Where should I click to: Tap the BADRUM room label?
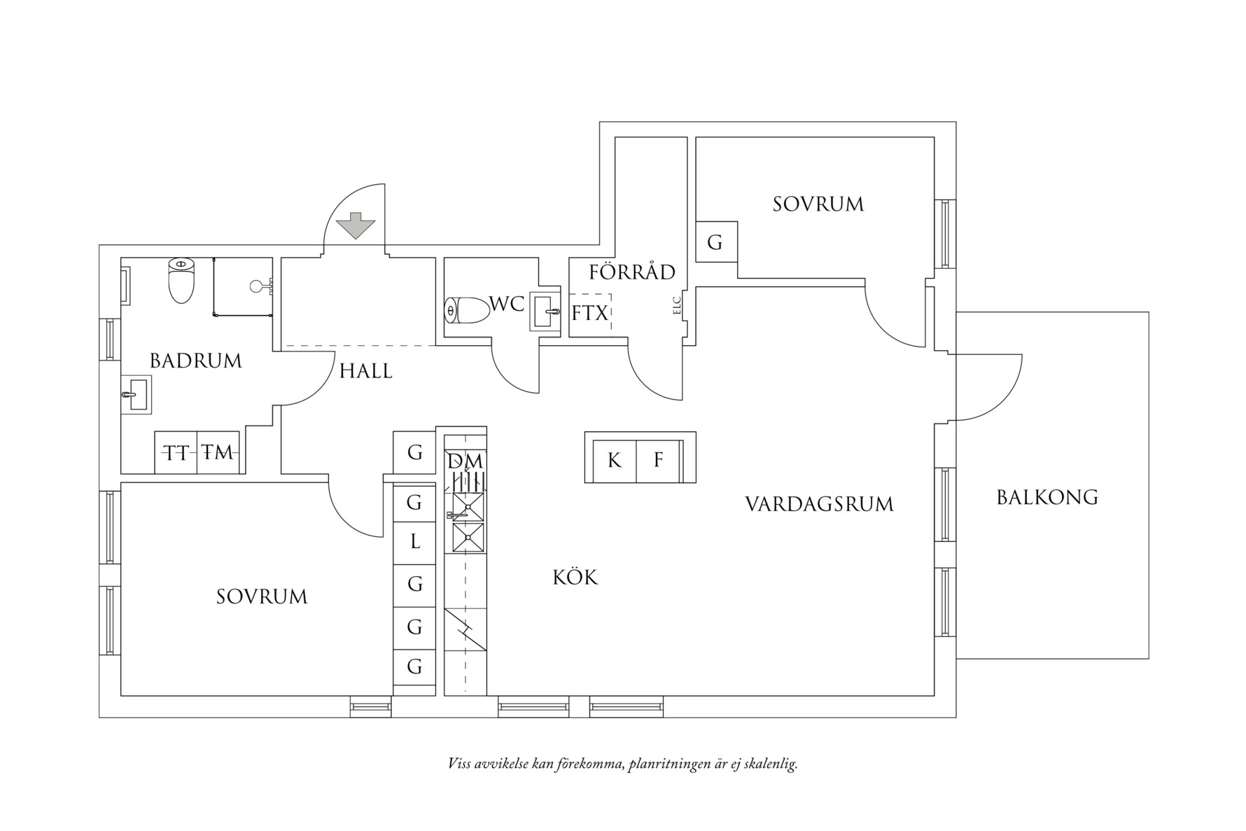pyautogui.click(x=196, y=361)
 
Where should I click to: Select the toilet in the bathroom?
pyautogui.click(x=181, y=281)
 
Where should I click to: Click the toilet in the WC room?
pyautogui.click(x=468, y=310)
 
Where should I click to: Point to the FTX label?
pyautogui.click(x=590, y=314)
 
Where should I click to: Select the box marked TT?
pyautogui.click(x=176, y=453)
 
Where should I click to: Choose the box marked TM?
pyautogui.click(x=218, y=453)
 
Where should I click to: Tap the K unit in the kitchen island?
pyautogui.click(x=615, y=461)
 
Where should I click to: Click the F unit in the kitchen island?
pyautogui.click(x=658, y=461)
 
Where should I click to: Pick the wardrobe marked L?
pyautogui.click(x=415, y=542)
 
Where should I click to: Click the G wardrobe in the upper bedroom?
pyautogui.click(x=715, y=242)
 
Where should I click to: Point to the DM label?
pyautogui.click(x=465, y=461)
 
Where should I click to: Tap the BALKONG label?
pyautogui.click(x=1047, y=498)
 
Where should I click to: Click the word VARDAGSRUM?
pyautogui.click(x=819, y=505)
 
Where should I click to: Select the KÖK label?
pyautogui.click(x=575, y=578)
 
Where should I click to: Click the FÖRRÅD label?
pyautogui.click(x=632, y=272)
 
